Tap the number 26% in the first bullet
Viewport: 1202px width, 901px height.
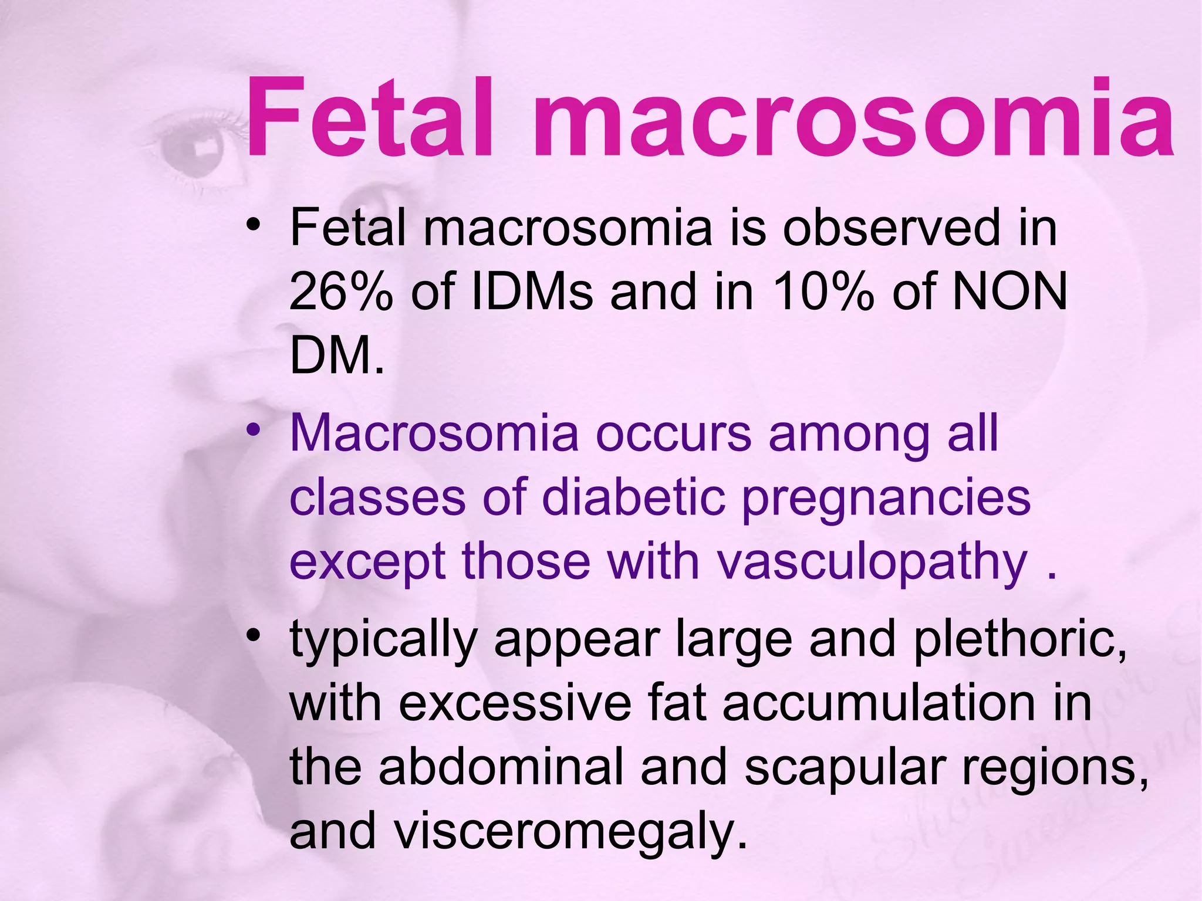(x=340, y=292)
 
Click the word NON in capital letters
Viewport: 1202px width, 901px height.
(x=1009, y=292)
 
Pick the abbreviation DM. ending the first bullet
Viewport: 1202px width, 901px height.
(x=337, y=355)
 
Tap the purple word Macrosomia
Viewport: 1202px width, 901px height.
(x=434, y=434)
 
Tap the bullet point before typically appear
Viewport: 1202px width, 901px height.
(x=253, y=635)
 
